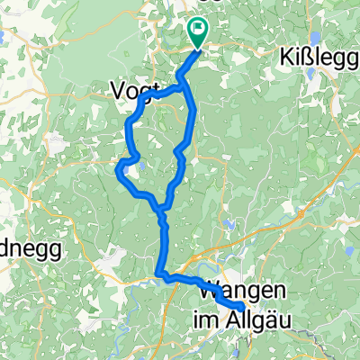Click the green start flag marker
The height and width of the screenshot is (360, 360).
pos(198,31)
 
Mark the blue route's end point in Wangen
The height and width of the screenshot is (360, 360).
pos(241,310)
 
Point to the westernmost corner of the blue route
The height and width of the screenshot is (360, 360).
pos(118,165)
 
